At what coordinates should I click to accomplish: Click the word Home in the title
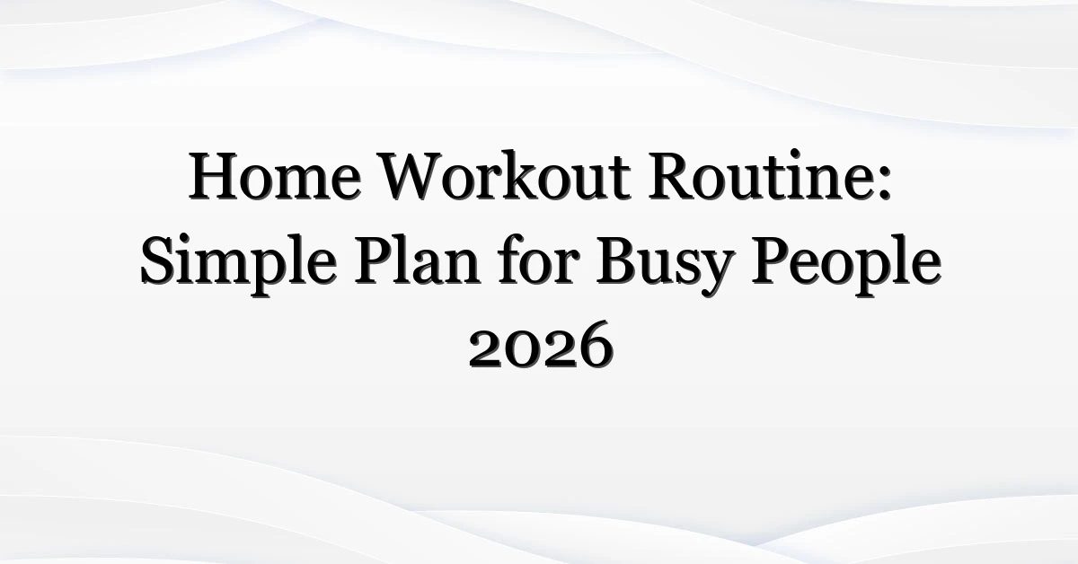coord(274,176)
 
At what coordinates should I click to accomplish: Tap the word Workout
coord(505,175)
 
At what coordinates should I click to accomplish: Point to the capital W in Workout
coord(420,176)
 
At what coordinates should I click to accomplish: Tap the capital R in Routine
coord(673,176)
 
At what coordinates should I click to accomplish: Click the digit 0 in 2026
coord(523,351)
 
